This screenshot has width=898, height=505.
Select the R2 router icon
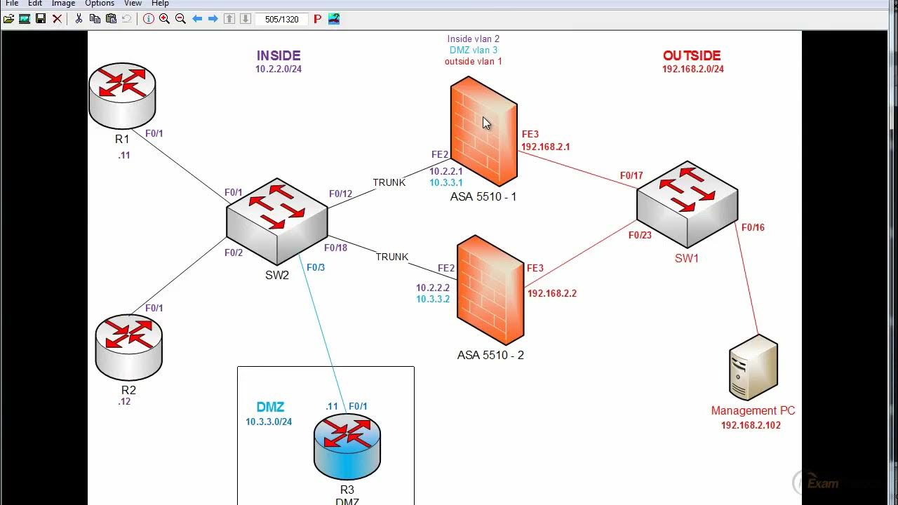coord(128,347)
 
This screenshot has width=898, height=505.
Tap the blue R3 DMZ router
coord(347,447)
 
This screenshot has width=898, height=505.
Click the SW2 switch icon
coord(276,221)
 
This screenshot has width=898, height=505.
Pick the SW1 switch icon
coord(687,204)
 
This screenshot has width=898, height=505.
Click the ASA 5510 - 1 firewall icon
coord(483,131)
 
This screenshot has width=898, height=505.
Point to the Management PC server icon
coord(753,367)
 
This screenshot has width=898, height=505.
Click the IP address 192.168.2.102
coord(751,425)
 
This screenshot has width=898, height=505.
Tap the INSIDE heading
coord(279,55)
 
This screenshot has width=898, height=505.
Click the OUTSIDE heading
coord(692,55)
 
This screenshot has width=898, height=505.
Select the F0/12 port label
coord(340,194)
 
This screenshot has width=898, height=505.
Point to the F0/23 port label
coord(640,235)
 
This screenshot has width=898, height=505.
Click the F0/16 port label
coord(753,227)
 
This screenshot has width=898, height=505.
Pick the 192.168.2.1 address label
coord(545,147)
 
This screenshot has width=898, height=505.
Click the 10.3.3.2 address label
coord(433,299)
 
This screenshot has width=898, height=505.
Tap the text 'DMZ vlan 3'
coord(474,50)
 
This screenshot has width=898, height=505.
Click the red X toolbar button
coord(58,19)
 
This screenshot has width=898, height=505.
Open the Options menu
coord(100,4)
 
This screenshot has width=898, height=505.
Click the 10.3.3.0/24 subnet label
coord(269,422)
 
